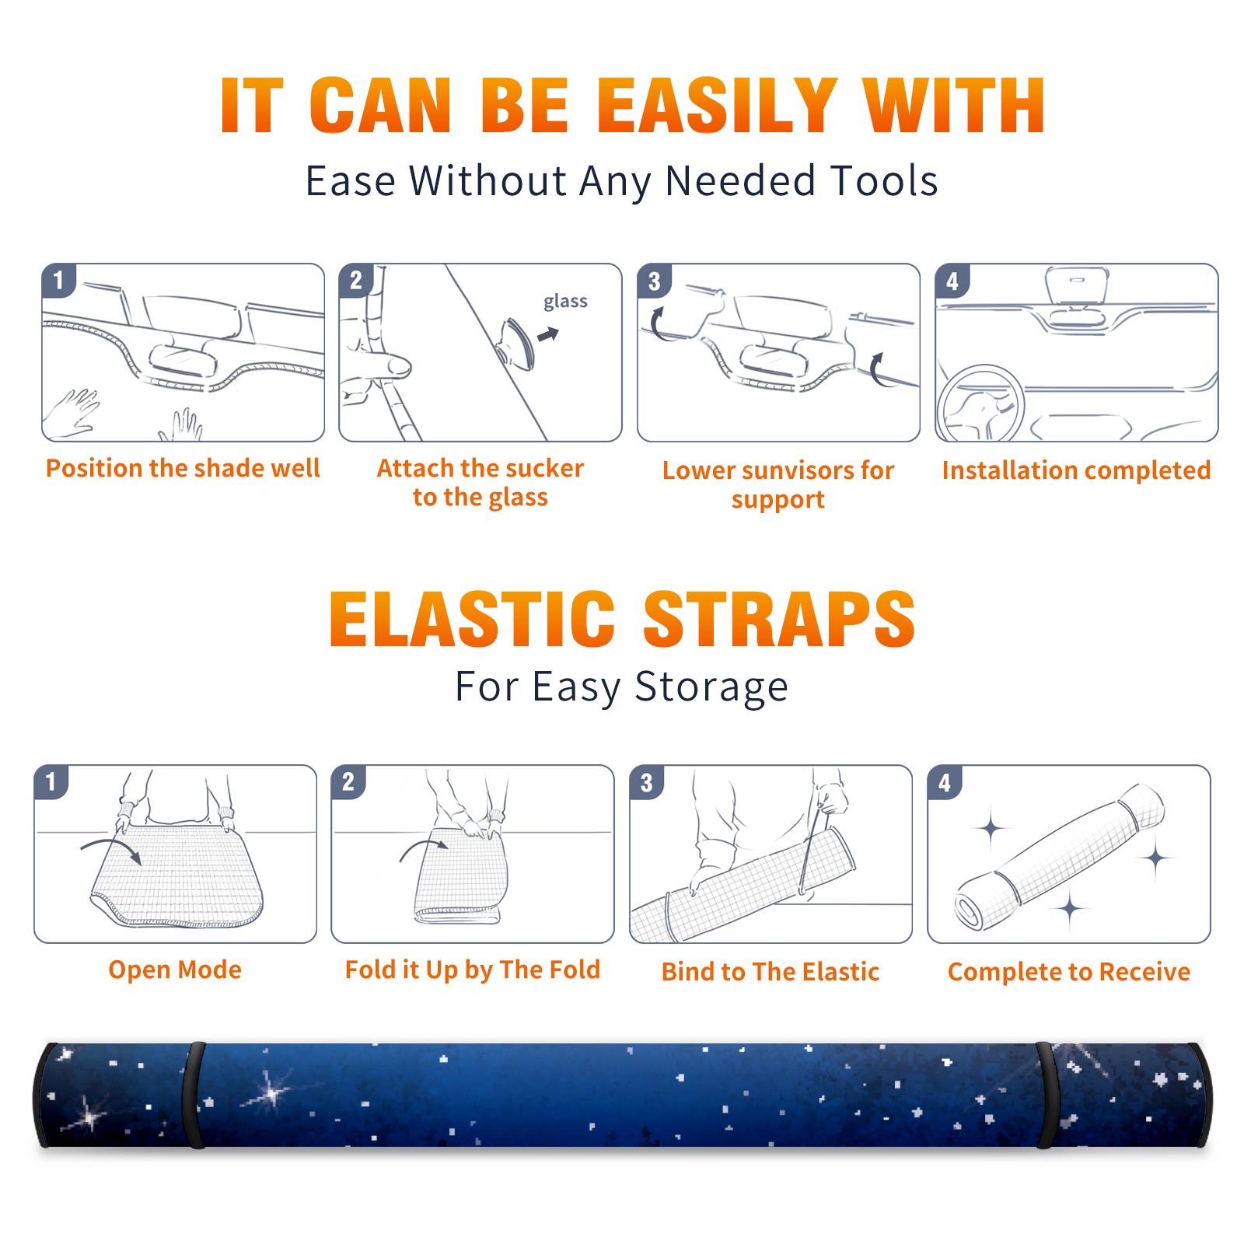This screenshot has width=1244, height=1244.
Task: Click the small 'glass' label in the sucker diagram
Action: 565,302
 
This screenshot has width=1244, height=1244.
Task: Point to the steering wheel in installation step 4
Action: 980,404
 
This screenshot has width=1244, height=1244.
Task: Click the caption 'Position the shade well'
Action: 183,468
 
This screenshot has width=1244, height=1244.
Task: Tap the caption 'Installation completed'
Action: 1076,470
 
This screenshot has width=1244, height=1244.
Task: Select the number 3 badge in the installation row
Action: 654,281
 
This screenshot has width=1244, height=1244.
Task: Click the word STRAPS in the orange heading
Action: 779,619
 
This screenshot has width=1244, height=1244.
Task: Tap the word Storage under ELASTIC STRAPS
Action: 711,687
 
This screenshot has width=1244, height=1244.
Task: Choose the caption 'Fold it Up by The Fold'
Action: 473,970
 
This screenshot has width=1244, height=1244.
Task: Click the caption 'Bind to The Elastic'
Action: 771,971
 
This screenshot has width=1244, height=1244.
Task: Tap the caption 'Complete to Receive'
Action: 1069,971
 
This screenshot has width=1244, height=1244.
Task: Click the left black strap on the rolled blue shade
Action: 194,1095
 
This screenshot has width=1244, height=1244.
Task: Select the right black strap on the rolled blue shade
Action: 1047,1095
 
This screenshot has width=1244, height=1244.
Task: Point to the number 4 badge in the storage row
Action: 945,782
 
